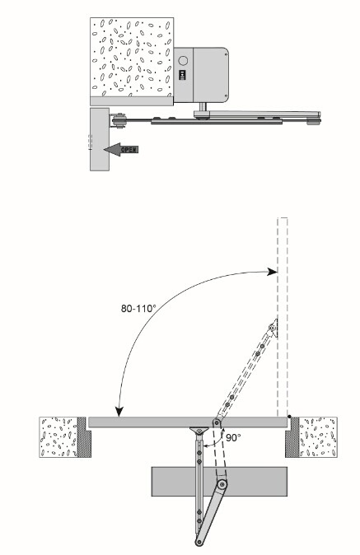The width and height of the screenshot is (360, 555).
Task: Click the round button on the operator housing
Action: coord(184,60)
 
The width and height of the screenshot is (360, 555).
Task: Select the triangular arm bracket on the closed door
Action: coord(198,430)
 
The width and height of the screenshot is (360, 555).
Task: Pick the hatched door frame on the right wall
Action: coord(292,436)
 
